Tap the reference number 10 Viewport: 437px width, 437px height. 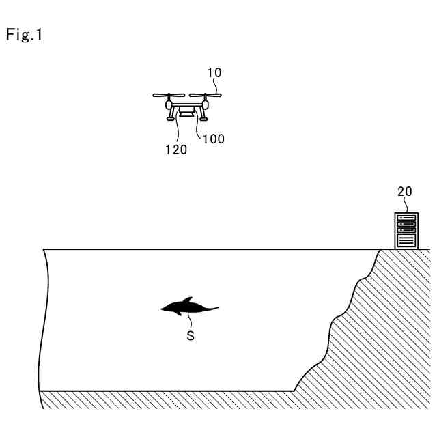tap(214, 72)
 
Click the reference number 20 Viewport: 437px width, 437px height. tap(405, 192)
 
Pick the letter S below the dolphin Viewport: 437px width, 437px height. tap(191, 336)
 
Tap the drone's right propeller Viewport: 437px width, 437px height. tap(205, 95)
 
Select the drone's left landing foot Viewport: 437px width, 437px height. tap(169, 118)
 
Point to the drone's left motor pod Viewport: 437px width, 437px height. tap(169, 105)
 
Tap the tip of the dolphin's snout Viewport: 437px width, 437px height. tap(162, 309)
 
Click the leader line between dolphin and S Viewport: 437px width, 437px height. tap(191, 321)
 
